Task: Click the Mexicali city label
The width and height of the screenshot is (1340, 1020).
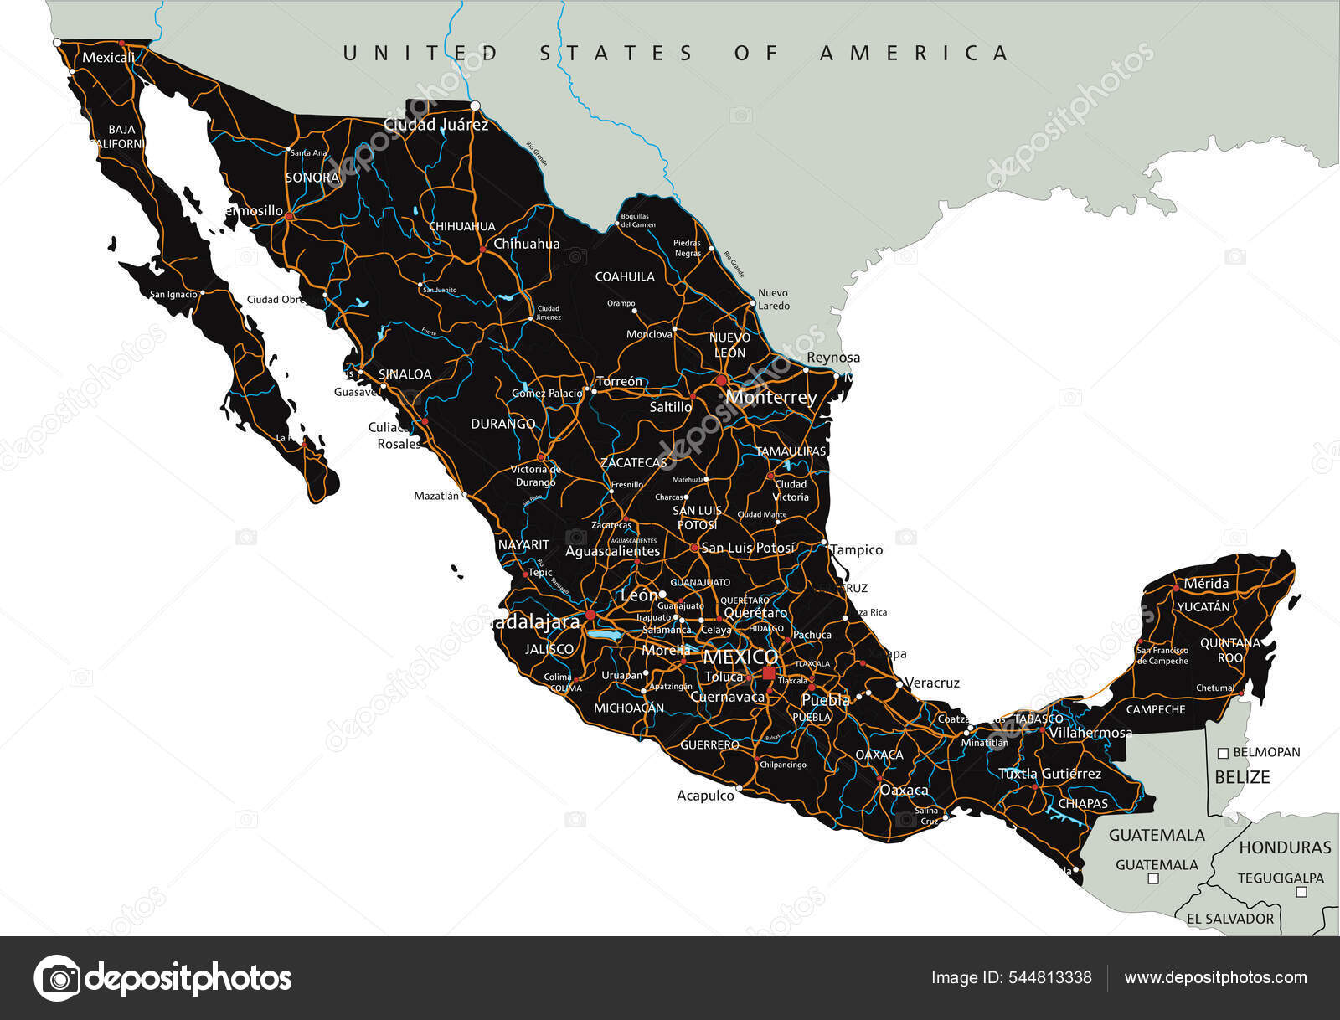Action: click(108, 58)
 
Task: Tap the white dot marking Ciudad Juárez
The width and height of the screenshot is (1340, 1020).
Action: click(475, 106)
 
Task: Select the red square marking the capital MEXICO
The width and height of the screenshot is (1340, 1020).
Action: click(768, 672)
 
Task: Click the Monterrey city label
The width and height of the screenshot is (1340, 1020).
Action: click(770, 397)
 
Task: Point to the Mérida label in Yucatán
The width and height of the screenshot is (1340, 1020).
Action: click(1206, 584)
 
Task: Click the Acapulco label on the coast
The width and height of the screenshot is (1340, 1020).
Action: click(705, 796)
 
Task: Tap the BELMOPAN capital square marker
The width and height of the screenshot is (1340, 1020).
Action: click(1223, 753)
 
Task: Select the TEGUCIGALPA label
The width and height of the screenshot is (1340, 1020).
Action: click(1281, 878)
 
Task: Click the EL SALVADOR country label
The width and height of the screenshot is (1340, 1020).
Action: click(1229, 919)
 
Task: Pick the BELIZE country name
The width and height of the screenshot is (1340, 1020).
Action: click(1242, 777)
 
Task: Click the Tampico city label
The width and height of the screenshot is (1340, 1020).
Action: click(856, 550)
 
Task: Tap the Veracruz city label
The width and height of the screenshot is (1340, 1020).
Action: click(932, 683)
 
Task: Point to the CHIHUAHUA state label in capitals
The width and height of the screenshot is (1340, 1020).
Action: click(461, 226)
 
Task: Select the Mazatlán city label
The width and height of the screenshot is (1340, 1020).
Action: click(436, 496)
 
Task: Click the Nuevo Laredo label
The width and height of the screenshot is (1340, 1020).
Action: click(773, 299)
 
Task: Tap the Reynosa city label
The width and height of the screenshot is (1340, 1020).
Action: click(832, 358)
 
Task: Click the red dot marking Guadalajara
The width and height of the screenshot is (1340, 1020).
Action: click(590, 615)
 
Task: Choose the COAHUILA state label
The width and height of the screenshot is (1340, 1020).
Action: click(625, 276)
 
